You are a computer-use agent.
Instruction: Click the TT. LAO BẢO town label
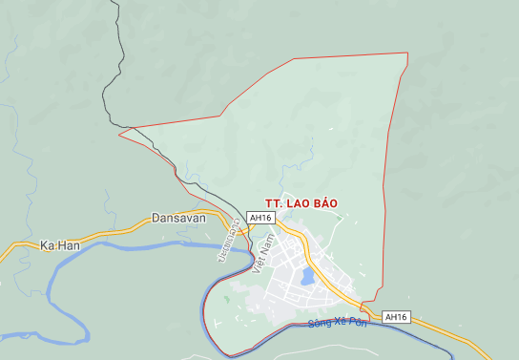click(x=301, y=203)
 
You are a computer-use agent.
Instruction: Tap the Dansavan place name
click(x=178, y=218)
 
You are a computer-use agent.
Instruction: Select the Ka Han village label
click(x=59, y=245)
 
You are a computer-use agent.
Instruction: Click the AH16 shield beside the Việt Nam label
click(x=260, y=218)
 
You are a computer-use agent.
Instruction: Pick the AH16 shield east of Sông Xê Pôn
click(x=396, y=317)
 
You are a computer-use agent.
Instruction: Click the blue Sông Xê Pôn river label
click(x=338, y=323)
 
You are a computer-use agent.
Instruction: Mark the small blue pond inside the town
click(x=307, y=277)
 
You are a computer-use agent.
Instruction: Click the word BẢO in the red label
click(x=322, y=203)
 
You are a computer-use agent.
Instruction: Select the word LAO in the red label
click(x=295, y=203)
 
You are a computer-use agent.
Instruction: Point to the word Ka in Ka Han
click(x=47, y=245)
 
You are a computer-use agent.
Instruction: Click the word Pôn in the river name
click(x=358, y=321)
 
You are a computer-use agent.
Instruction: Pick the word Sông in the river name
click(x=319, y=325)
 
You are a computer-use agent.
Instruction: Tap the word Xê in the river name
click(x=340, y=323)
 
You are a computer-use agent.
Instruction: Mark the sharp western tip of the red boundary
click(x=119, y=135)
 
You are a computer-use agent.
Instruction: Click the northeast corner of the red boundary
click(x=407, y=53)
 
